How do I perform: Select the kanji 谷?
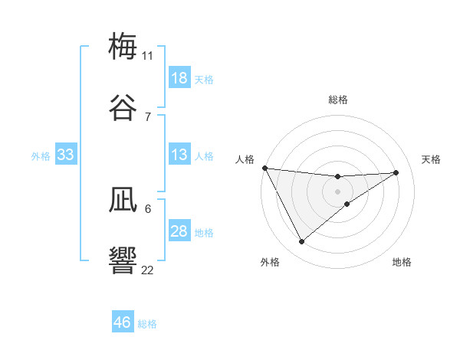click(x=123, y=108)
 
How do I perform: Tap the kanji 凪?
click(x=123, y=200)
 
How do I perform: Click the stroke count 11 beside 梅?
click(x=147, y=55)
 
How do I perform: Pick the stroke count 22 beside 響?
click(x=147, y=269)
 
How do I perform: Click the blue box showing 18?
click(x=179, y=78)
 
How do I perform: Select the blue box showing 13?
click(x=179, y=155)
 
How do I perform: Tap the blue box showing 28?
click(x=179, y=232)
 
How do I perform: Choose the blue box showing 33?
click(x=66, y=155)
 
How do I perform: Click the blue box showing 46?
click(x=123, y=322)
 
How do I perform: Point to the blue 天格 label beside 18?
click(x=204, y=80)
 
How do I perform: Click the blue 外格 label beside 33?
click(x=41, y=156)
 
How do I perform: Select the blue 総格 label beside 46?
click(x=147, y=324)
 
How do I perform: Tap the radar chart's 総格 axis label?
click(x=338, y=100)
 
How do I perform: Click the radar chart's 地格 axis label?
click(x=402, y=262)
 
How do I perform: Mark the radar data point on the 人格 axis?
click(x=264, y=168)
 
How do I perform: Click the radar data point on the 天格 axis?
click(x=396, y=172)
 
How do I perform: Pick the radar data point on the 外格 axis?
click(x=301, y=242)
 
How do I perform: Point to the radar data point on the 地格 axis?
click(x=347, y=204)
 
